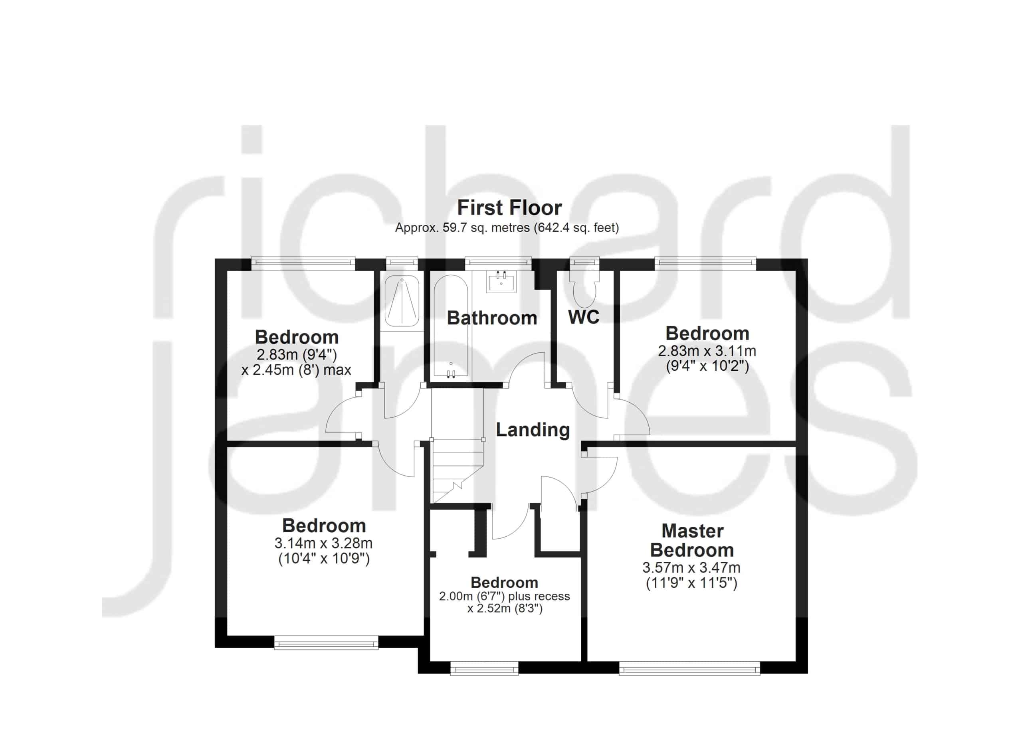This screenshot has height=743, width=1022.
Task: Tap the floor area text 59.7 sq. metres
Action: (x=486, y=228)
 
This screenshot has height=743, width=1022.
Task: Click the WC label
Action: (x=584, y=317)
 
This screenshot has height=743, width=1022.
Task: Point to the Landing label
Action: (x=533, y=430)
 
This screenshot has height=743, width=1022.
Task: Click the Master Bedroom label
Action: (x=692, y=540)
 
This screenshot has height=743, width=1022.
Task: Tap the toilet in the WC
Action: (x=584, y=288)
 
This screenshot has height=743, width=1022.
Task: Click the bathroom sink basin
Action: (x=501, y=281)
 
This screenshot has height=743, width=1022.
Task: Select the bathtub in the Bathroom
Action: (x=451, y=326)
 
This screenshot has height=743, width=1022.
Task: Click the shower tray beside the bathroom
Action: (x=402, y=301)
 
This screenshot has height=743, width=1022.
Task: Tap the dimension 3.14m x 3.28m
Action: (x=323, y=543)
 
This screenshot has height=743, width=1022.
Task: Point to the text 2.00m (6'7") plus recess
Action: (x=504, y=596)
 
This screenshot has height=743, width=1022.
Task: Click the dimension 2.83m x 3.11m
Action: (x=707, y=351)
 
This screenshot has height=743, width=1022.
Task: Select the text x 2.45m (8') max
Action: (x=296, y=370)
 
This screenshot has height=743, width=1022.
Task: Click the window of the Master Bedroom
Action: (x=689, y=668)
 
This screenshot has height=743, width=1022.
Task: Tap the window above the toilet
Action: (x=584, y=263)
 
